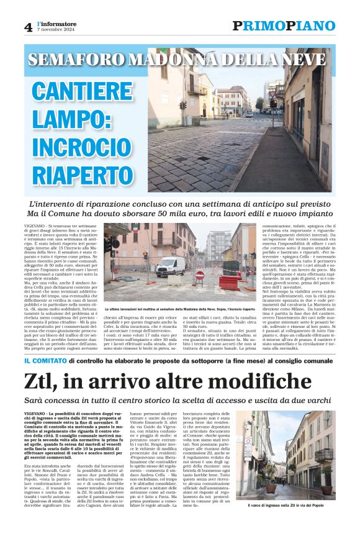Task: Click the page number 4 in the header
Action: click(x=28, y=27)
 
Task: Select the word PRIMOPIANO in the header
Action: click(x=283, y=25)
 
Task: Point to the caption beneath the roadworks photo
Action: click(x=179, y=309)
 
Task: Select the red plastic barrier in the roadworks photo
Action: click(x=229, y=282)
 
